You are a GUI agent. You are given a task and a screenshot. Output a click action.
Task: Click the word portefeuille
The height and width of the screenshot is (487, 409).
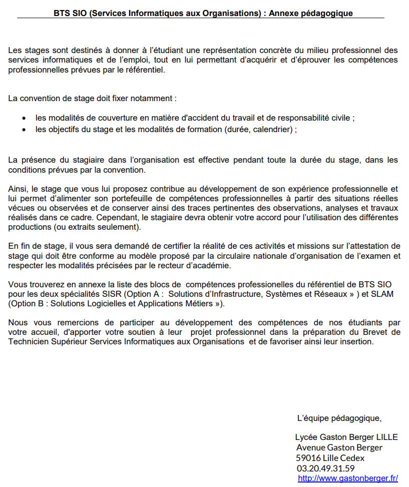(116, 198)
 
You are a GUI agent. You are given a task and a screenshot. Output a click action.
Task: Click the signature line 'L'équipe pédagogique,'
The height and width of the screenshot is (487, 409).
(339, 418)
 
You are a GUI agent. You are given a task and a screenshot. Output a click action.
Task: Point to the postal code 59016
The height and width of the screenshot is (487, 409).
(307, 458)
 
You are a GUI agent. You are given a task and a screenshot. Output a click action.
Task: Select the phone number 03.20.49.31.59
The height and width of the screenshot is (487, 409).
(325, 468)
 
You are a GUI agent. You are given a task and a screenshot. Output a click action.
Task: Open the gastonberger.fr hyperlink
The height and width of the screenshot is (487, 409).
(348, 478)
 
